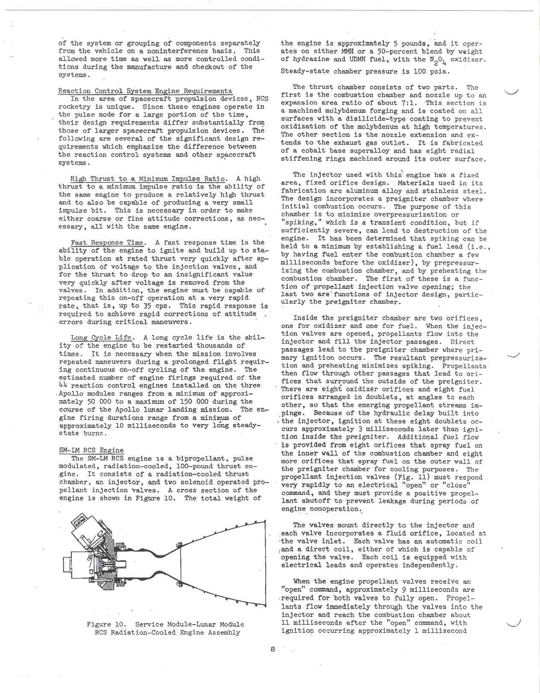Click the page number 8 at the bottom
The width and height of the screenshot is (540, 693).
pos(272,649)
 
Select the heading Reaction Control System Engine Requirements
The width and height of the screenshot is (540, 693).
pos(145,91)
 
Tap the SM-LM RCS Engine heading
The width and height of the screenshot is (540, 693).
pos(91,450)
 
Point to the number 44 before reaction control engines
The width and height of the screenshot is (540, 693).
pos(63,385)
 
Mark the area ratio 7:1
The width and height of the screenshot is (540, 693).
pos(410,103)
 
